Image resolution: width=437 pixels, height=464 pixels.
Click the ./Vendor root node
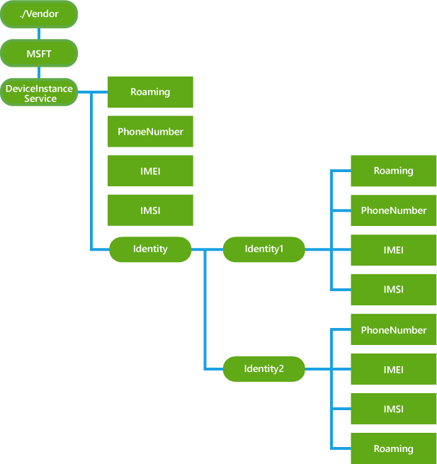(x=38, y=14)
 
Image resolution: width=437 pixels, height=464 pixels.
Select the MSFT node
(x=38, y=53)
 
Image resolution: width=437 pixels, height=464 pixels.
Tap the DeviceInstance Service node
(x=38, y=92)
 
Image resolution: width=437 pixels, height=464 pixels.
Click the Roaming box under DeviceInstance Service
(x=150, y=92)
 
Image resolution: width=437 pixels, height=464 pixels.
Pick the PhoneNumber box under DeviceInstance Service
(x=150, y=131)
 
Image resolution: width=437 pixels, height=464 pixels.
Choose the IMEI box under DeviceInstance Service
(x=150, y=171)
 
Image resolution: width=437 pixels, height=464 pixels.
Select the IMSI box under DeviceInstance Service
(x=150, y=210)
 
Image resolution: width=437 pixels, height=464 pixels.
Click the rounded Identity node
(x=150, y=249)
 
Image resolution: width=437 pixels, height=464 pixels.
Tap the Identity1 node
(x=263, y=249)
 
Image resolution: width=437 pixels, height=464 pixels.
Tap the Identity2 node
(x=263, y=369)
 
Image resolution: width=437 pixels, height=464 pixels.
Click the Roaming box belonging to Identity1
(x=394, y=171)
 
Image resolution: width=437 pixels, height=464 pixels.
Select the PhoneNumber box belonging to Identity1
(x=394, y=210)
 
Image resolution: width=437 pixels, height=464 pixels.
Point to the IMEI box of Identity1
(x=394, y=250)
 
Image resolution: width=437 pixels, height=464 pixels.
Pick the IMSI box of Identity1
(x=394, y=290)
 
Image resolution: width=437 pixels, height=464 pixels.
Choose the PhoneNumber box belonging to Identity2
(x=394, y=330)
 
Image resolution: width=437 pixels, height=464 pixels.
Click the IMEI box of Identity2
(x=394, y=370)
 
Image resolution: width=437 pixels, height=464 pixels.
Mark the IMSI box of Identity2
(x=394, y=409)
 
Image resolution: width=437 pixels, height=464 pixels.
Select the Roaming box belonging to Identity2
(x=394, y=448)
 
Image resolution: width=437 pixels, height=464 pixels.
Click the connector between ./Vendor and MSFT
(x=38, y=33)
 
